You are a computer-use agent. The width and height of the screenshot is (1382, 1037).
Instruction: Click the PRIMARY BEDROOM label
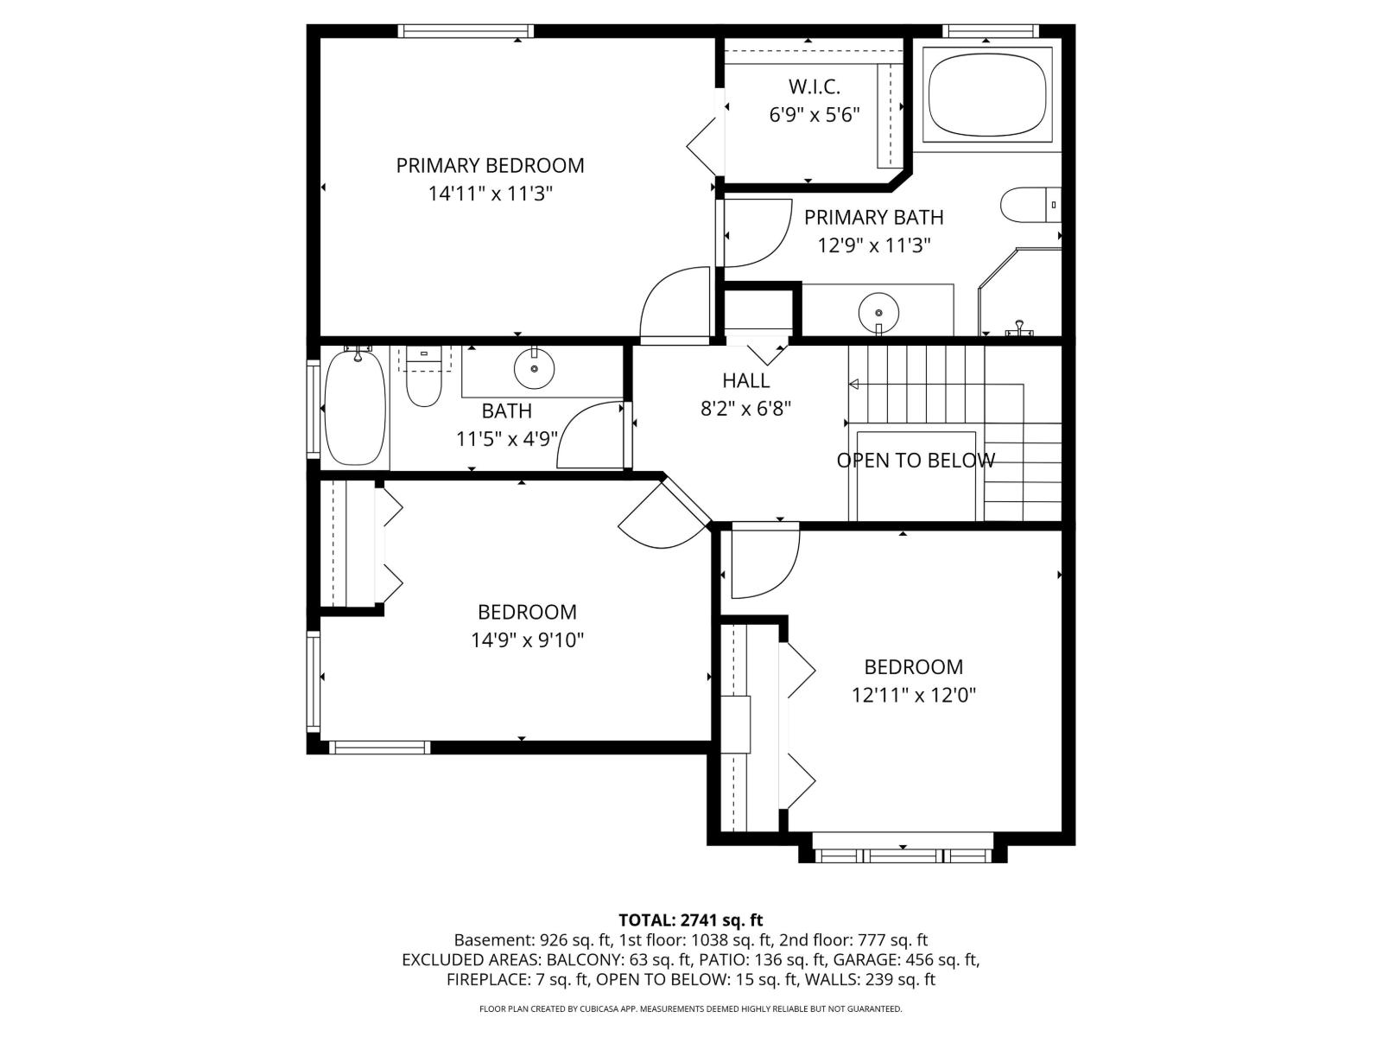tap(490, 165)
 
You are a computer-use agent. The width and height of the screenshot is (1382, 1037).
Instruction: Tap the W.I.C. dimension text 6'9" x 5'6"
tap(814, 115)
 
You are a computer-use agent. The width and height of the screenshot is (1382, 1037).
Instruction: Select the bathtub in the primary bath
tap(988, 94)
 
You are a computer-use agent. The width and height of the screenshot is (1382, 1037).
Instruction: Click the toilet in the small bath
tap(423, 380)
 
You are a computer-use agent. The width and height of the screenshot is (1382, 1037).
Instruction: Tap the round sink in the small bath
tap(534, 369)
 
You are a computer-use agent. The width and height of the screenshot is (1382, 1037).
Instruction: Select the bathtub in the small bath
tap(353, 407)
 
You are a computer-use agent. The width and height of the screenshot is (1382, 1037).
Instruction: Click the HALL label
tap(745, 380)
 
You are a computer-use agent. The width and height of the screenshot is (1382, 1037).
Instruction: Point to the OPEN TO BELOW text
tap(916, 461)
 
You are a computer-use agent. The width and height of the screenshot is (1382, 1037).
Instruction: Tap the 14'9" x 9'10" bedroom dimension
tap(527, 640)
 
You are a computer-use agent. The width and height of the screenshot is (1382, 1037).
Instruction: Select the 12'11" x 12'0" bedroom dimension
tap(913, 695)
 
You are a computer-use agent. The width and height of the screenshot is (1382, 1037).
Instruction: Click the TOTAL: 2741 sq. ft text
tap(690, 920)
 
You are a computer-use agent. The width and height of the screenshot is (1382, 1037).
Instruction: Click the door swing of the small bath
tap(589, 436)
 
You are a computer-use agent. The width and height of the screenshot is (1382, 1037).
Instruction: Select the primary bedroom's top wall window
tap(466, 32)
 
